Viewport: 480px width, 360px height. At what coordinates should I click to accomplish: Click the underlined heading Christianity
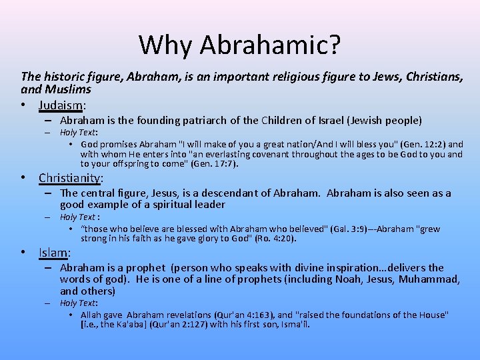[x=70, y=178]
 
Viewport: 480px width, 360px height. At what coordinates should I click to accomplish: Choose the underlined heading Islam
[x=53, y=252]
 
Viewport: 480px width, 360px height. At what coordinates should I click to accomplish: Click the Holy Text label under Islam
[x=78, y=303]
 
